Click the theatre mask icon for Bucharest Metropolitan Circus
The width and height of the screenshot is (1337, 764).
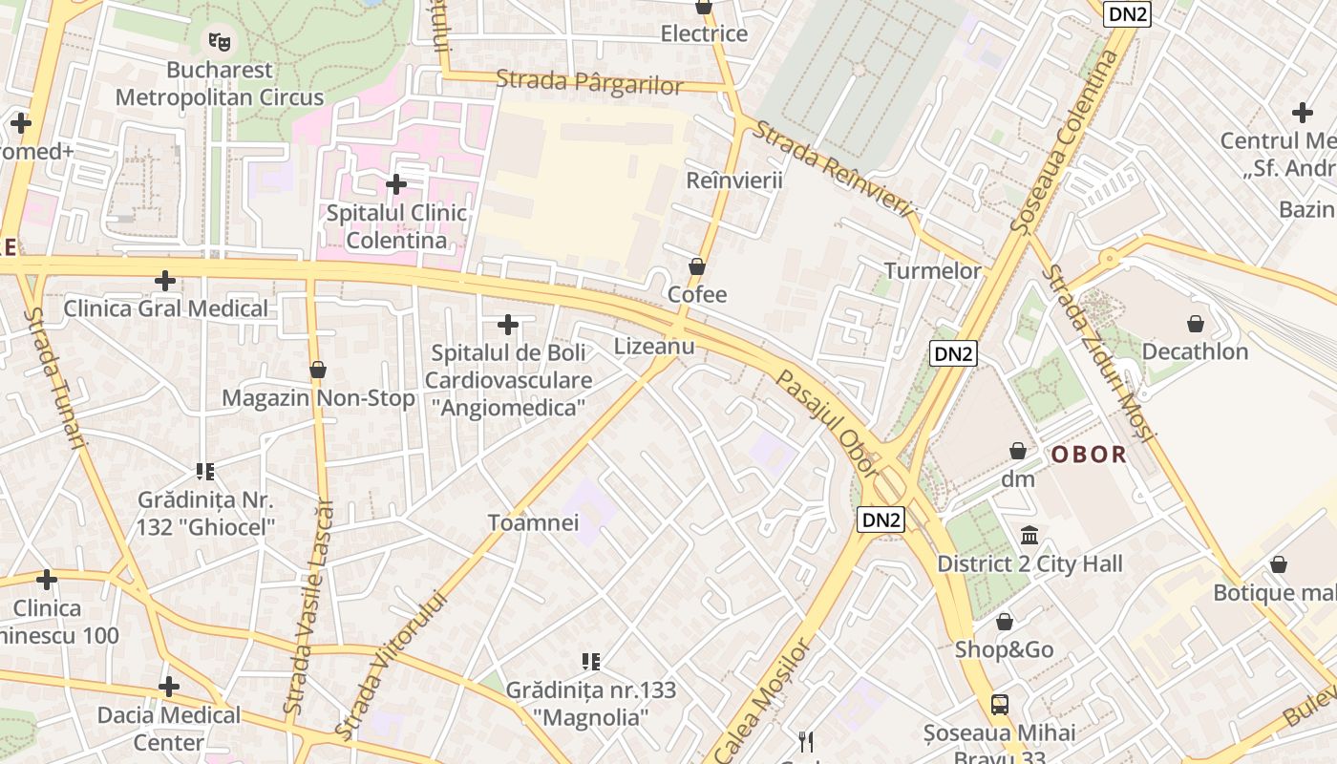[221, 41]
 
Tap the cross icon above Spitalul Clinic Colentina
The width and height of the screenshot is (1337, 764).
[396, 183]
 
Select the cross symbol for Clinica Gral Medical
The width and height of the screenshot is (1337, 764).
[165, 281]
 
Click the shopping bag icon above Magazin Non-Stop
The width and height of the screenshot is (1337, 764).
[318, 370]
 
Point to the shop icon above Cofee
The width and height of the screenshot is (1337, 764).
[697, 266]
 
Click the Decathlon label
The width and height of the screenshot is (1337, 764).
[1195, 351]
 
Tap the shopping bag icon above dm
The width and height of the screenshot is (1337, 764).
[1018, 451]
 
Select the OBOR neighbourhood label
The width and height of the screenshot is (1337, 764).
[1090, 455]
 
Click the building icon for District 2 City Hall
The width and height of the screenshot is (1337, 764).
[1029, 536]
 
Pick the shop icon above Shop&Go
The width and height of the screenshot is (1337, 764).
[1005, 623]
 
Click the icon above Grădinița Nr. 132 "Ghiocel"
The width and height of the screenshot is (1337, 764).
[205, 471]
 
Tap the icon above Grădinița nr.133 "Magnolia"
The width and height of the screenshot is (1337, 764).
[590, 661]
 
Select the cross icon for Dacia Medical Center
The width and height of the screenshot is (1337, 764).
[169, 686]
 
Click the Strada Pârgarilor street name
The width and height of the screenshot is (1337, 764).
[589, 82]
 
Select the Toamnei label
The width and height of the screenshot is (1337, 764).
[533, 522]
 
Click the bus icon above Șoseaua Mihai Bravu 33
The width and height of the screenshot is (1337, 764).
[999, 705]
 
